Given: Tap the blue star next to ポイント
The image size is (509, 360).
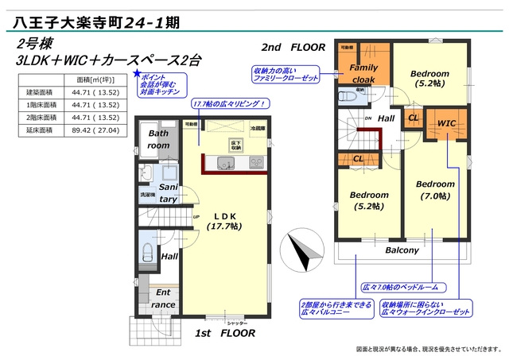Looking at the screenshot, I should click(x=137, y=74).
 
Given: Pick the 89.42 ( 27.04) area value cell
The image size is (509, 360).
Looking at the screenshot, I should click(x=97, y=130).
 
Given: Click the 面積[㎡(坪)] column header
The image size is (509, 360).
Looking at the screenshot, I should click(x=97, y=79).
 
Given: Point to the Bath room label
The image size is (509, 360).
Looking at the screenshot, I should click(x=159, y=140).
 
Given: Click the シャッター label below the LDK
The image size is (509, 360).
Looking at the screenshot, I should click(x=237, y=323).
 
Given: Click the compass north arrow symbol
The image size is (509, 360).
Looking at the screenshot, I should click(x=300, y=250).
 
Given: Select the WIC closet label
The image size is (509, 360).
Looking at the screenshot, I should click(x=447, y=123).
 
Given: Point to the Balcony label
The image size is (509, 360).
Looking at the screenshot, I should click(x=402, y=250).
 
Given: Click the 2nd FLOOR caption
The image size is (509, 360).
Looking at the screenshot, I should click(x=293, y=47).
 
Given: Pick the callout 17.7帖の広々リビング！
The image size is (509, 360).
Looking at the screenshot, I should click(x=228, y=105).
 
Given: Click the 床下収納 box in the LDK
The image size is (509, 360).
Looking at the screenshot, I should click(x=236, y=145).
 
